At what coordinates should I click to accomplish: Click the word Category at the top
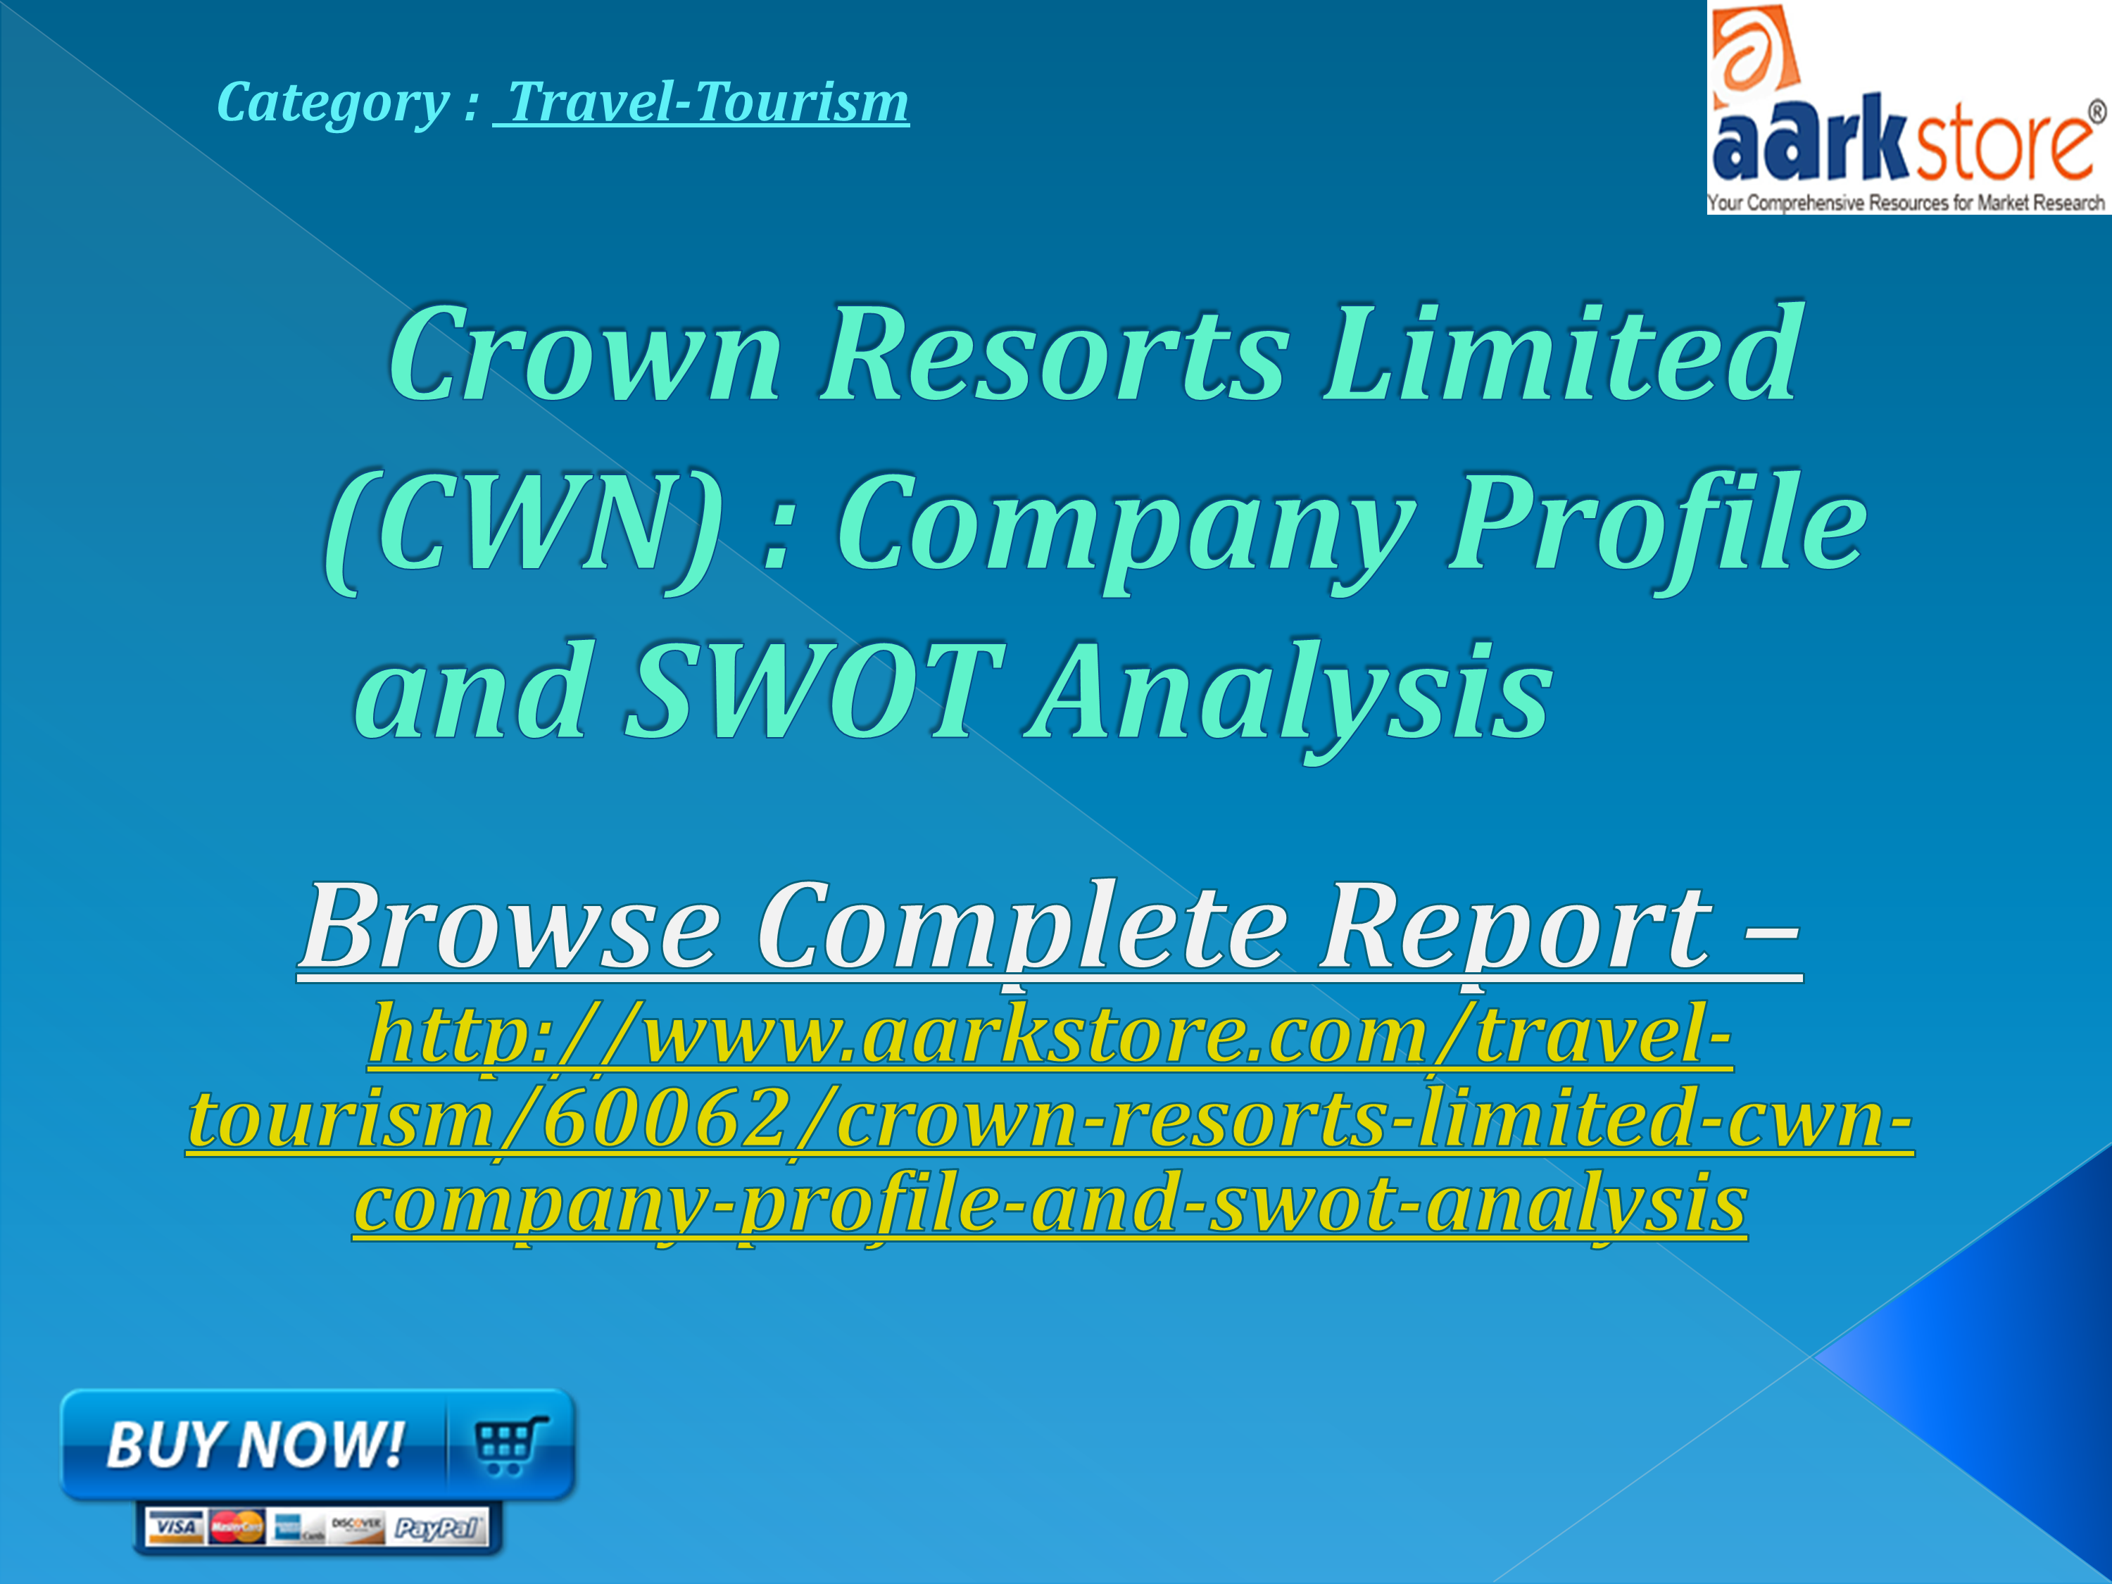332,103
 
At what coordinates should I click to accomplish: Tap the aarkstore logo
1908,108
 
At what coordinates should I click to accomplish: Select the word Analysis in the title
1289,692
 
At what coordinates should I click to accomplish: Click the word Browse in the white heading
511,926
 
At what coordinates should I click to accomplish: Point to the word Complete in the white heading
1022,926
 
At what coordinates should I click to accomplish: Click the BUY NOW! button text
255,1444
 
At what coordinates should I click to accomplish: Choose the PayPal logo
437,1528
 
